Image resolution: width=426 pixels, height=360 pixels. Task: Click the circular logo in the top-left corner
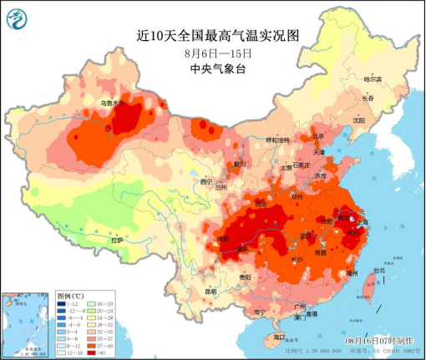point(15,15)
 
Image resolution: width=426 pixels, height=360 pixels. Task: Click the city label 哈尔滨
point(372,79)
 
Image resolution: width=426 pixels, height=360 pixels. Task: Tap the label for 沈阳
point(359,119)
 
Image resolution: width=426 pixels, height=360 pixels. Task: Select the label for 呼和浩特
point(277,139)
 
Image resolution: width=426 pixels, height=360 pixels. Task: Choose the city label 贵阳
point(221,276)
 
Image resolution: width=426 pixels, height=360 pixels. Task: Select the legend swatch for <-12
point(63,304)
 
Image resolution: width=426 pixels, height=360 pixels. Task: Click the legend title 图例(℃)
point(70,296)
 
